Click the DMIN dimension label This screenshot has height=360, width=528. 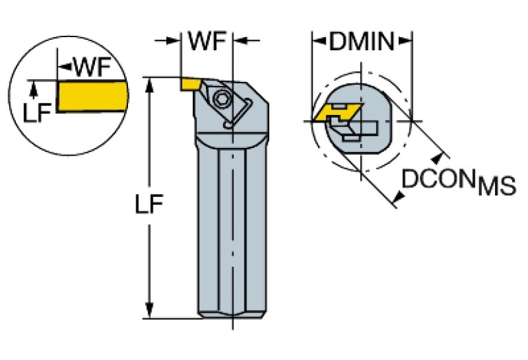pyautogui.click(x=361, y=42)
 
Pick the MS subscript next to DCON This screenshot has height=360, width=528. pyautogui.click(x=497, y=187)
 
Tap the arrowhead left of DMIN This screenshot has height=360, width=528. pyautogui.click(x=319, y=42)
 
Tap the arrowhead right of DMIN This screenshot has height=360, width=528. pyautogui.click(x=406, y=42)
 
